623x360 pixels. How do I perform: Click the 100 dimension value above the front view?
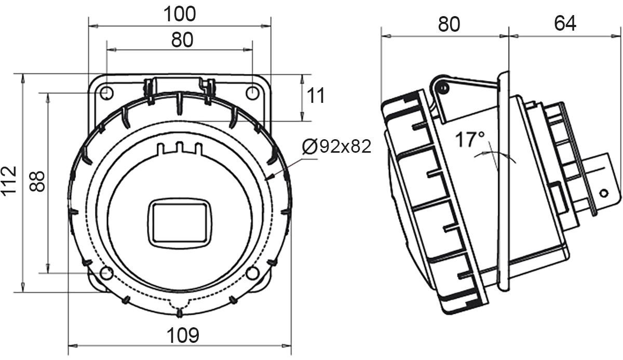coord(180,14)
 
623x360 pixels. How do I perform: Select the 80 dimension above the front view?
coord(182,40)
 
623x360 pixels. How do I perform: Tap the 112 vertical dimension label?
coord(9,181)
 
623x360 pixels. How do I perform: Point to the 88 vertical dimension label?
coord(37,181)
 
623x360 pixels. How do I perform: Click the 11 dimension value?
coord(316,96)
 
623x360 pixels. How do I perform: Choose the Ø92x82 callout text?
coord(337,146)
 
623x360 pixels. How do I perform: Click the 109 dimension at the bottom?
coord(183,335)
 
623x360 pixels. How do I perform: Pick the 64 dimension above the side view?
coord(565,23)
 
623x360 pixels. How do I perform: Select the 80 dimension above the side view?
coord(449,24)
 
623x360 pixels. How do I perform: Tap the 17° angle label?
coord(470,139)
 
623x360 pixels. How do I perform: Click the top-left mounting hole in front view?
coord(106,92)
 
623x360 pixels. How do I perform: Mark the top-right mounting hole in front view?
coord(252,92)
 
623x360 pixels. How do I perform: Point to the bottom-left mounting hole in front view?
coord(106,273)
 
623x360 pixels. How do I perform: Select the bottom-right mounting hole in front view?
coord(252,273)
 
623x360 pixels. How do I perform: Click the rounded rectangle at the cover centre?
coord(180,223)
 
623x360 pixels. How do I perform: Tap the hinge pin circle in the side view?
coord(443,88)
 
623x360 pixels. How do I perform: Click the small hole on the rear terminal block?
coord(603,193)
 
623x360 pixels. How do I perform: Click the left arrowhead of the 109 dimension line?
coord(73,346)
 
